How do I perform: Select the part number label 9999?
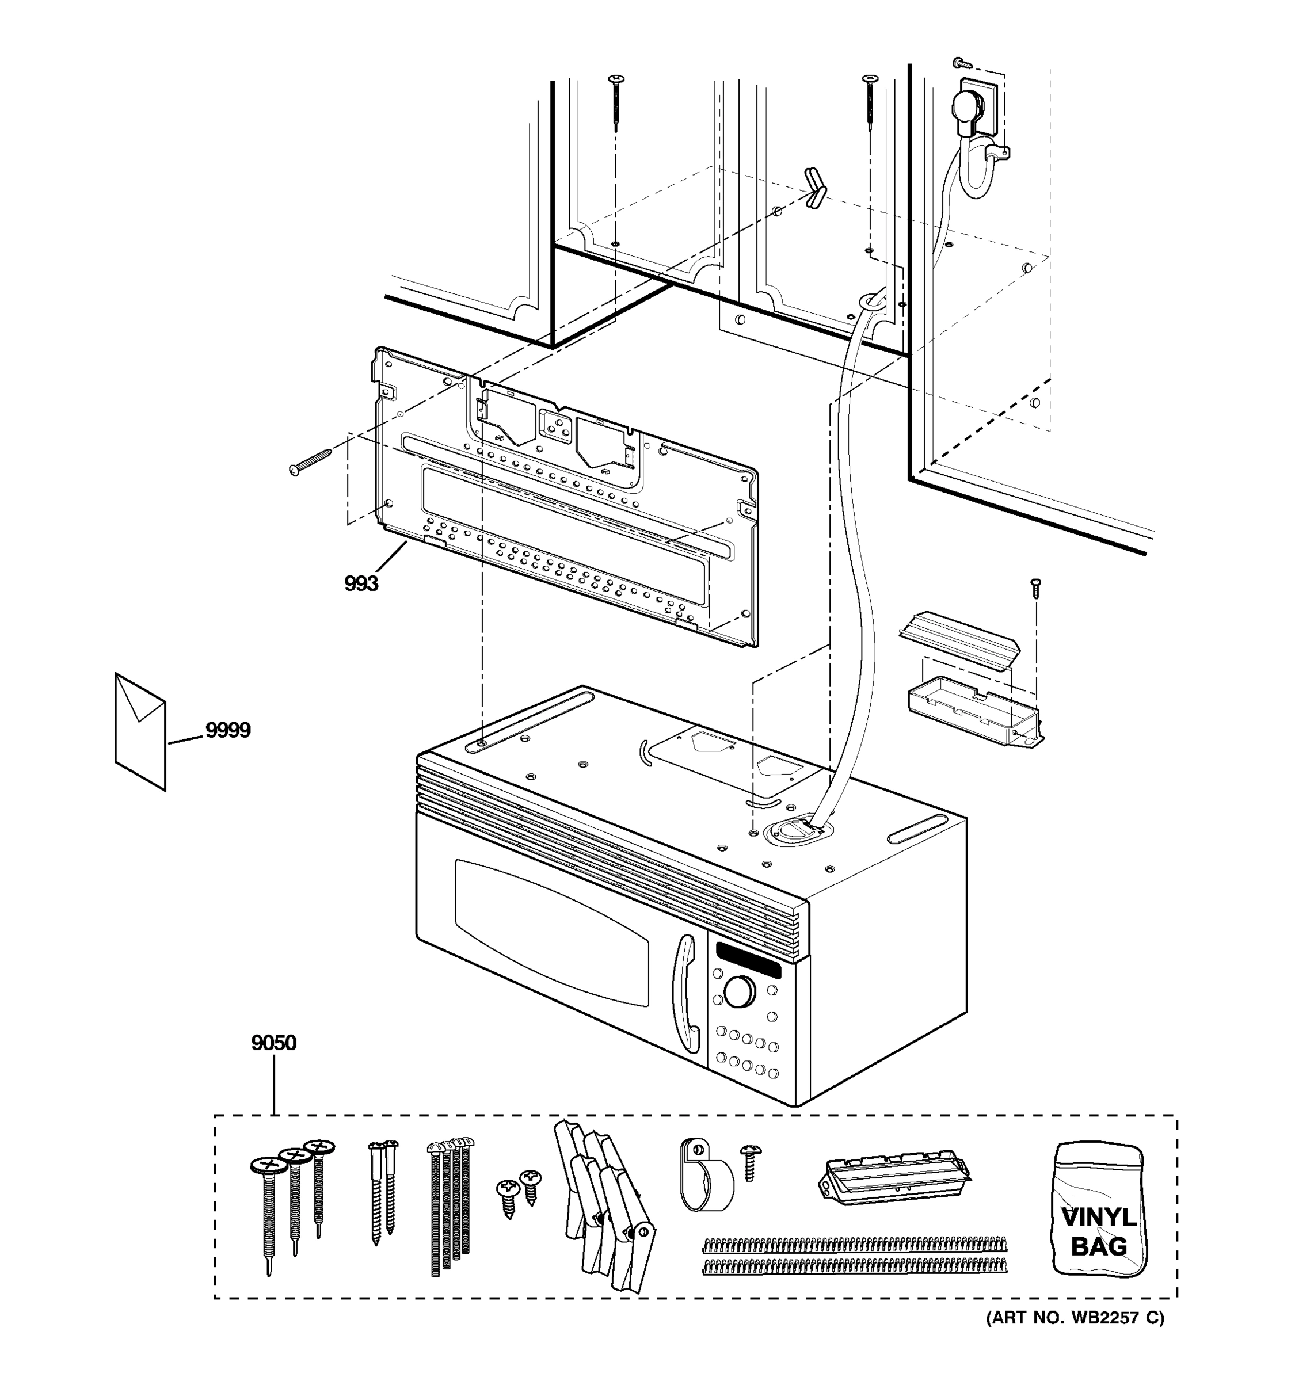tap(227, 730)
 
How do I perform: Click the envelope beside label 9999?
tap(140, 731)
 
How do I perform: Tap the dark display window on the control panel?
tap(748, 961)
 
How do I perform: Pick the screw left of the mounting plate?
tap(310, 462)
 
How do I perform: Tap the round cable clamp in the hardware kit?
tap(704, 1183)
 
